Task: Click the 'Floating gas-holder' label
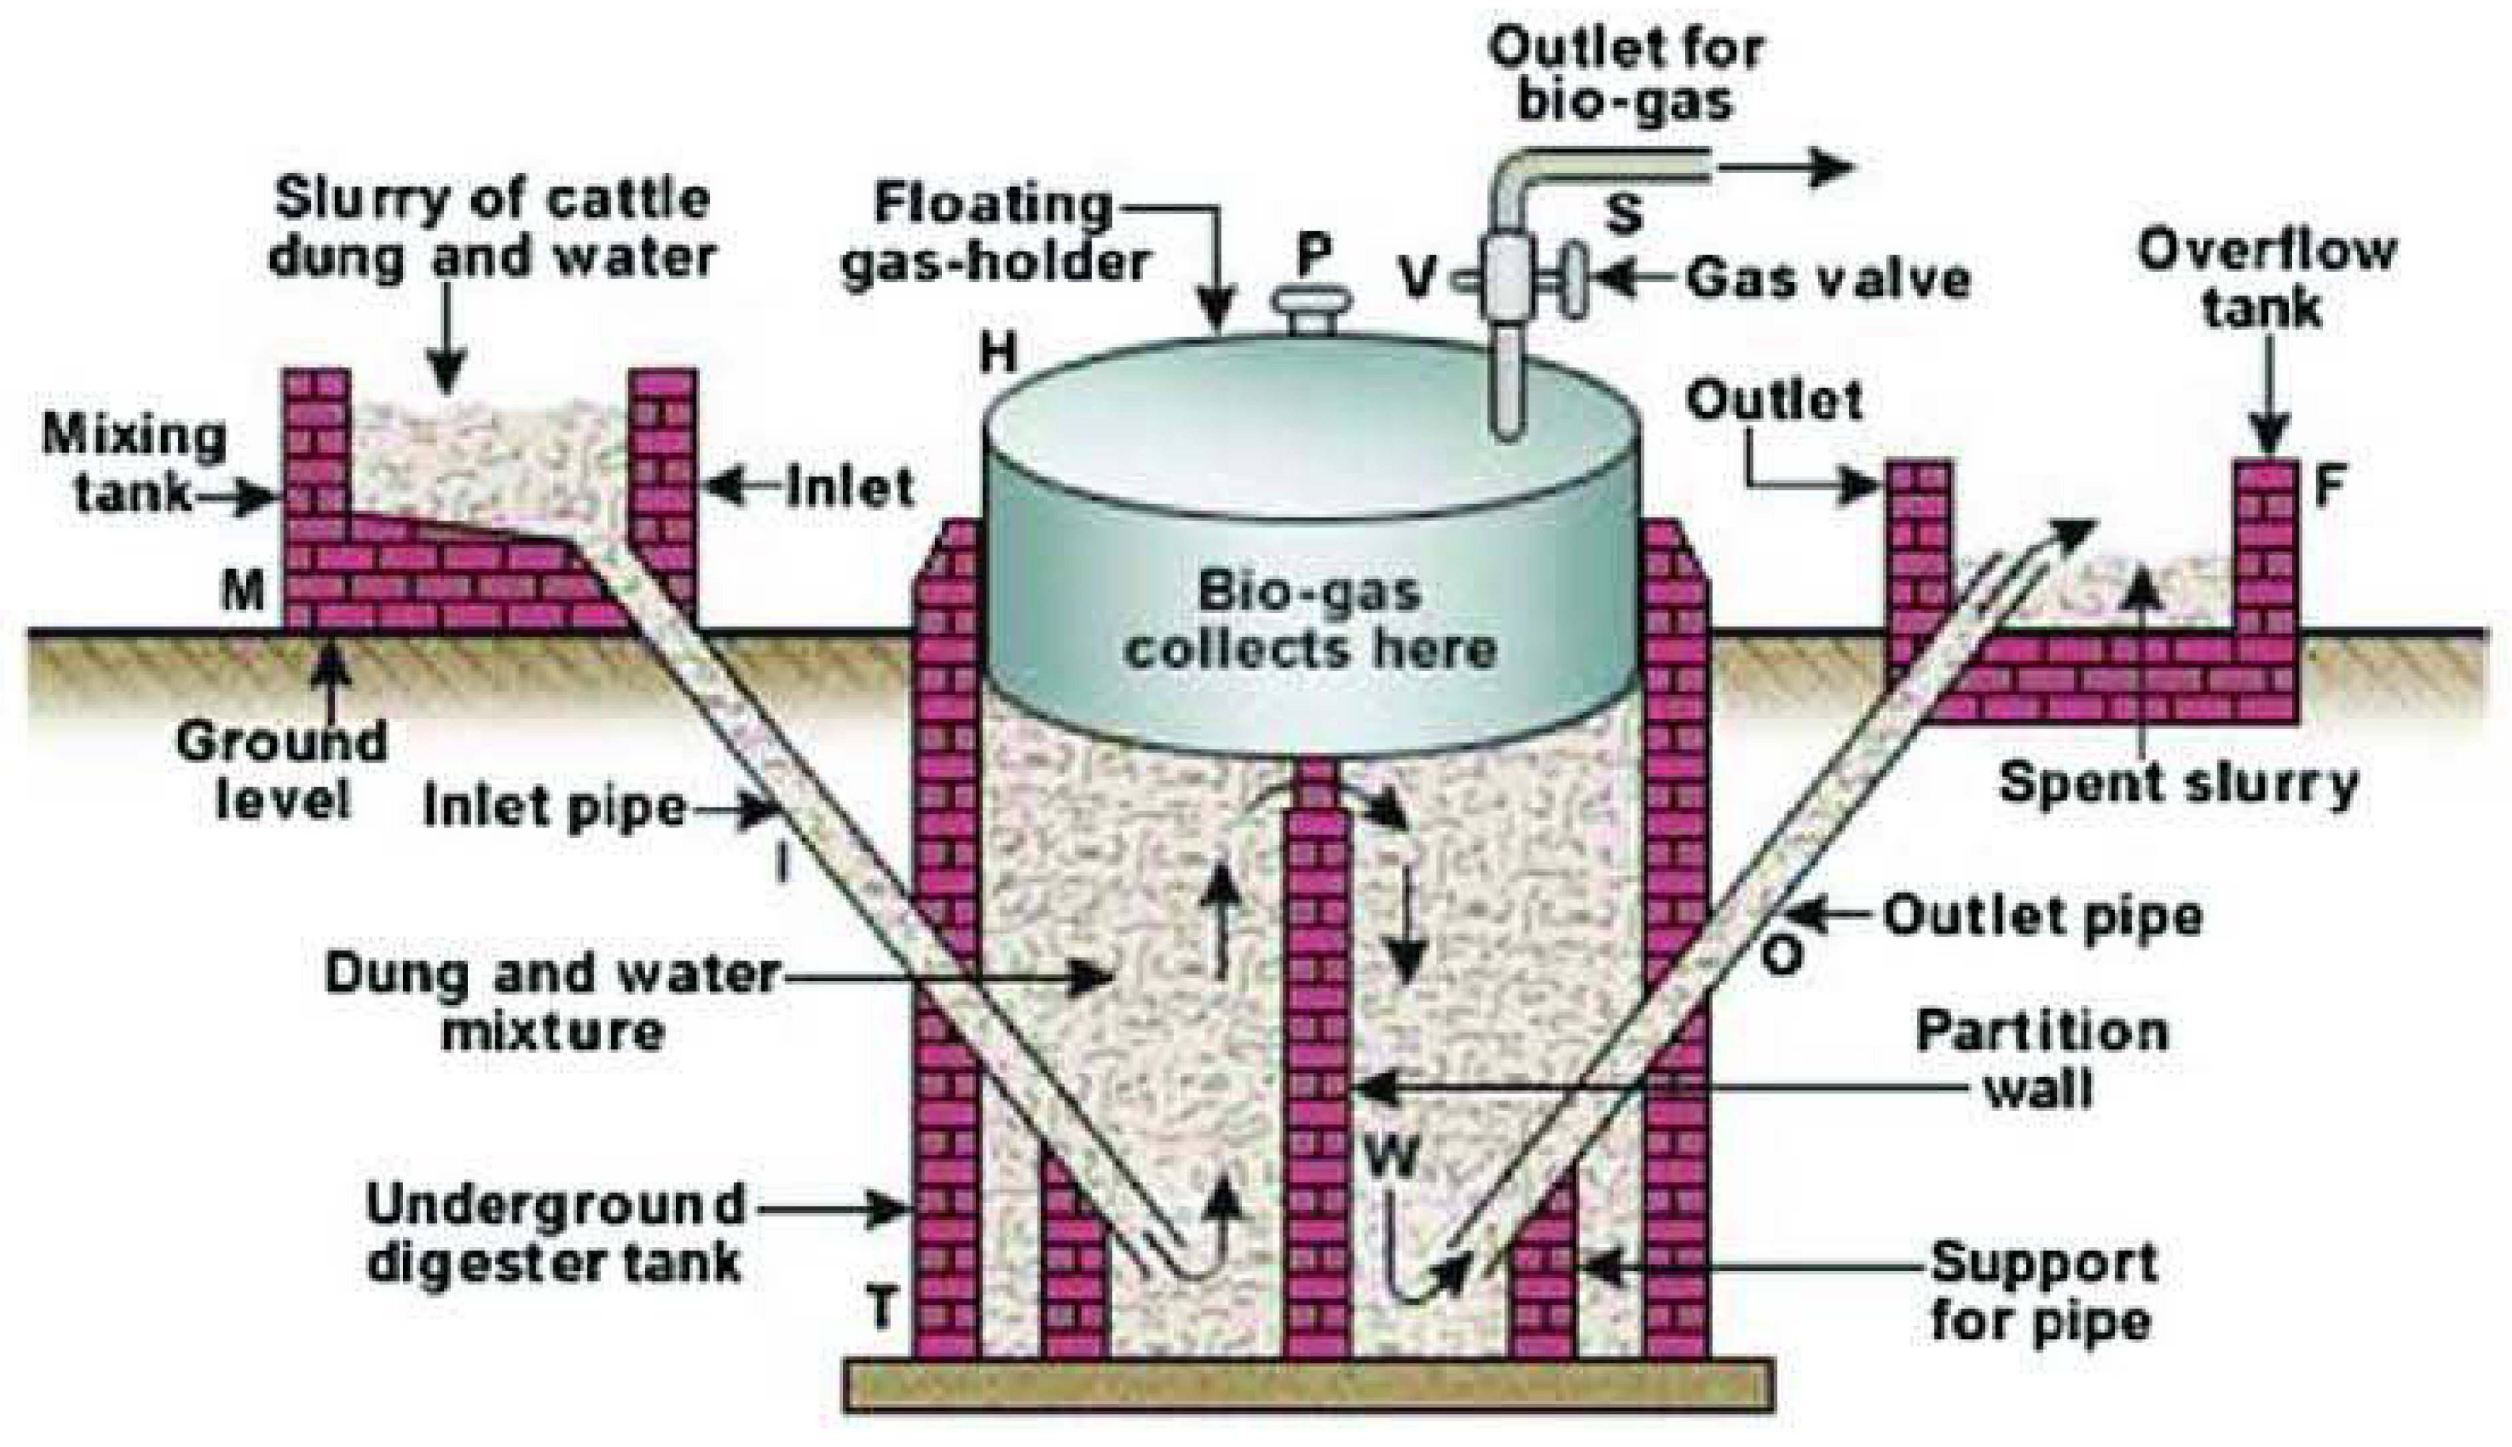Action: [x=994, y=233]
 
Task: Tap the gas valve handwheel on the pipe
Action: [x=1571, y=281]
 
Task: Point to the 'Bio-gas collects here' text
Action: [x=1309, y=621]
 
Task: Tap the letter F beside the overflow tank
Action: [x=2328, y=487]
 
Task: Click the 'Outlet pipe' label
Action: [x=2042, y=915]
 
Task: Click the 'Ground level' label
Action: [x=282, y=770]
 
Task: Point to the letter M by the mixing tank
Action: [x=243, y=594]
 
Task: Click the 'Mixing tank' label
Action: [x=134, y=464]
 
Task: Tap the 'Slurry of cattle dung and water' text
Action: [x=493, y=229]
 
